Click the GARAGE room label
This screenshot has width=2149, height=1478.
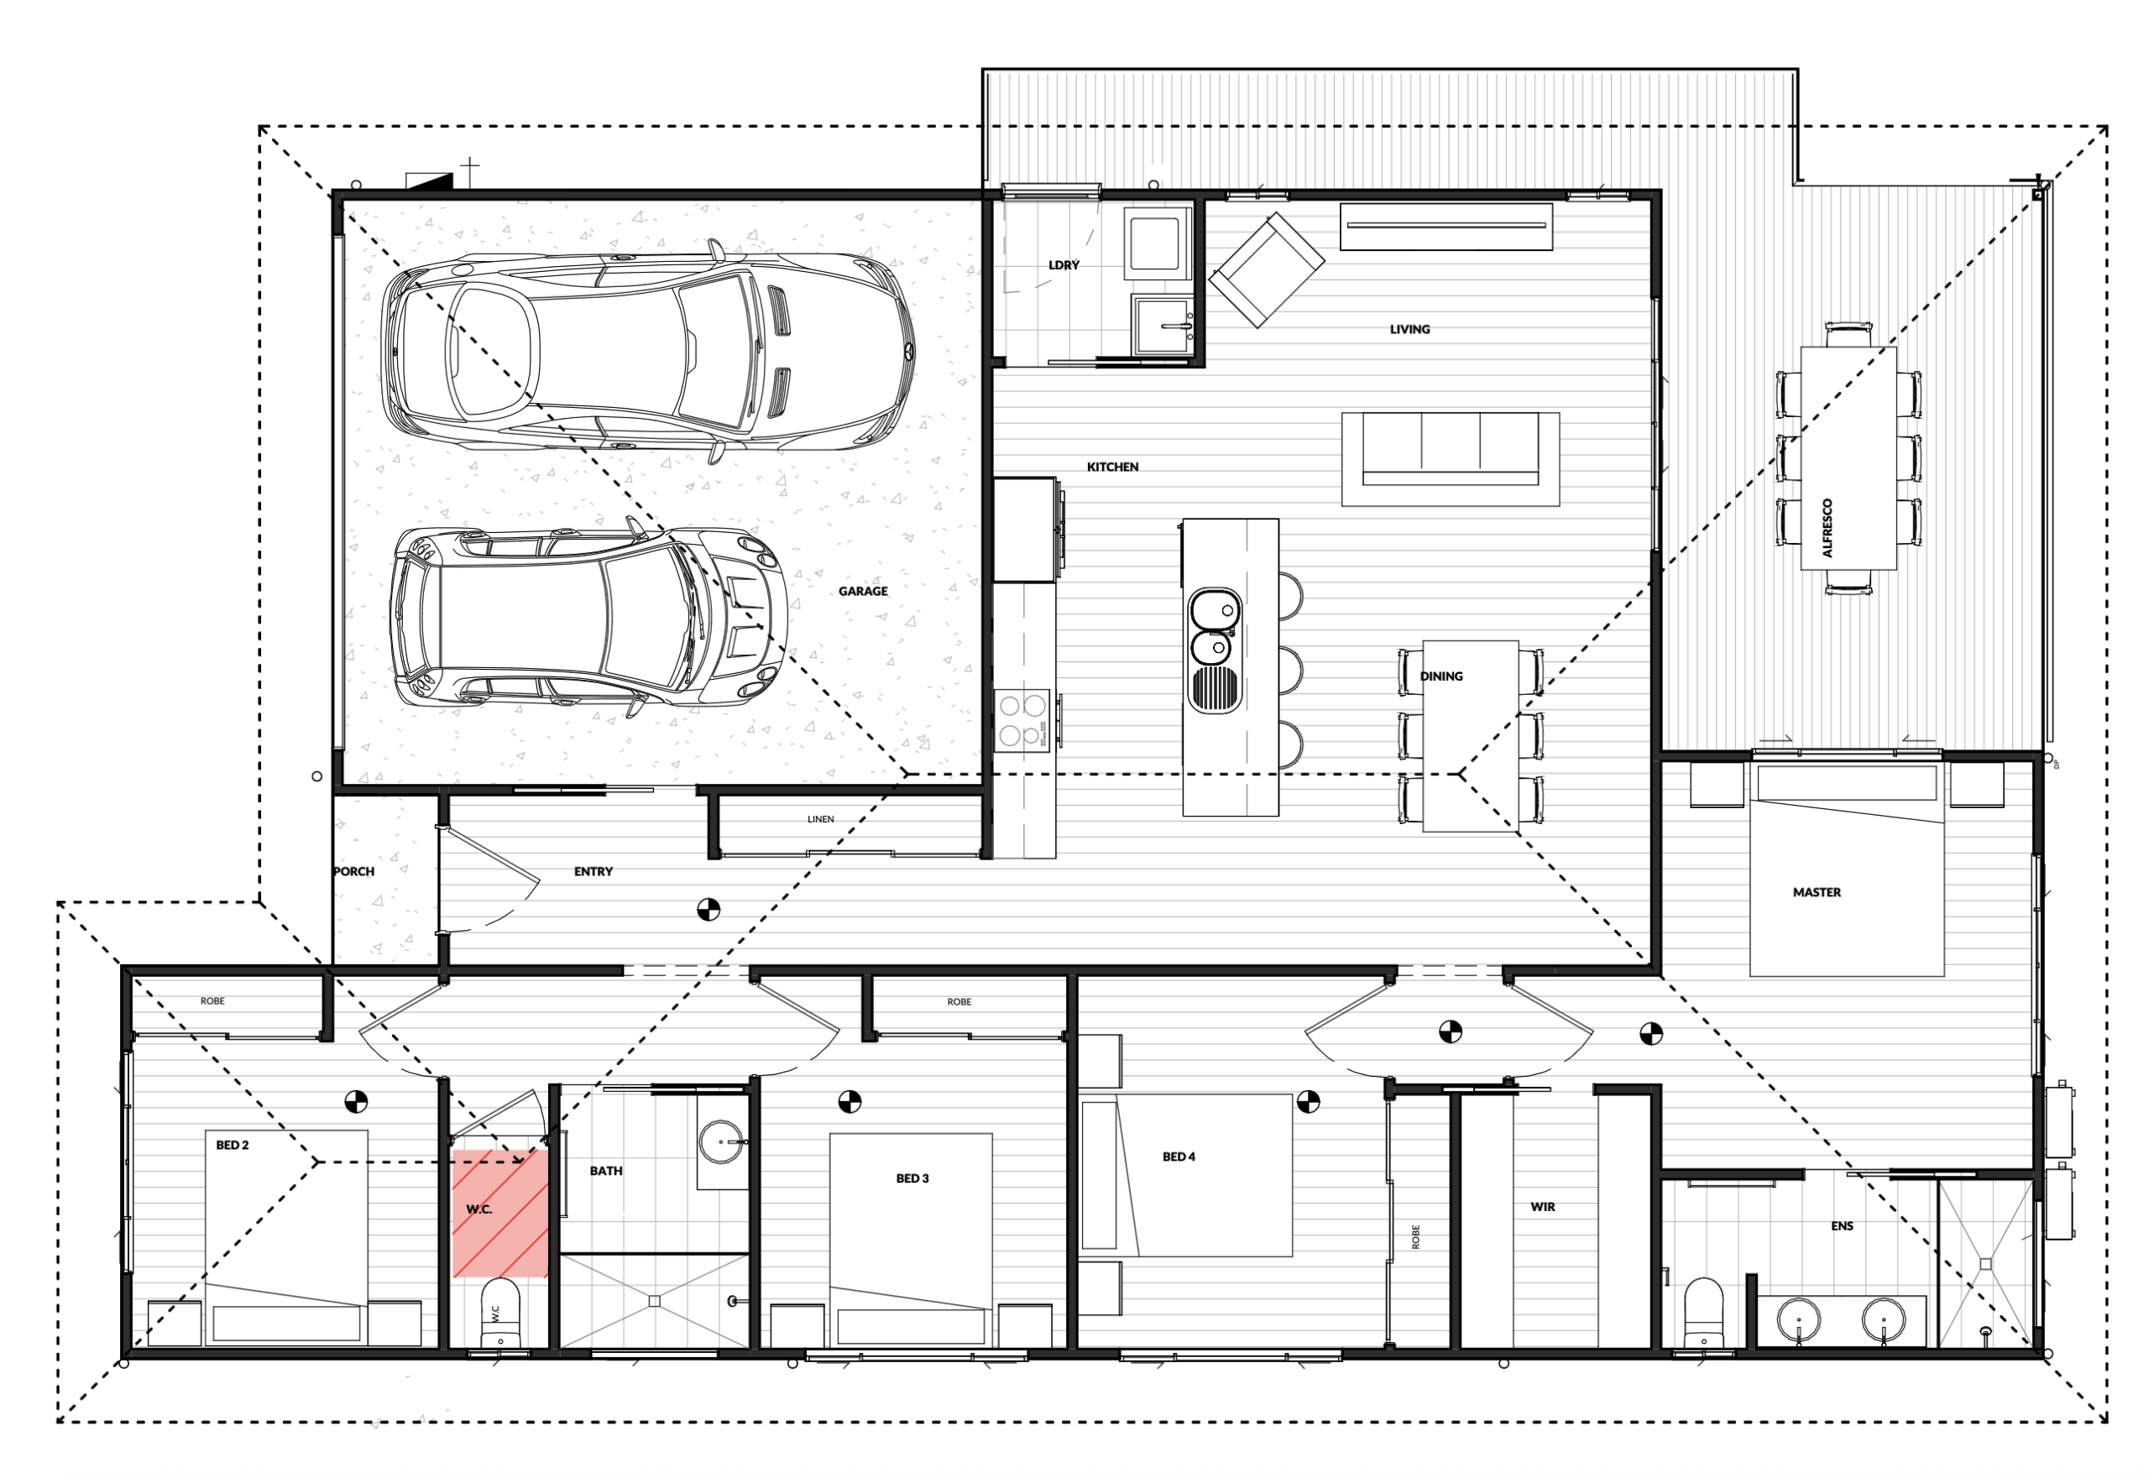862,591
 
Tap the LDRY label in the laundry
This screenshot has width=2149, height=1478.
1064,265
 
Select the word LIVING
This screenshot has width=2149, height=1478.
1409,329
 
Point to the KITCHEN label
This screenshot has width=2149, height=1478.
1111,467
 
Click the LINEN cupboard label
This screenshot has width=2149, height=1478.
820,818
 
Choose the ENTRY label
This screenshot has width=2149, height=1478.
593,871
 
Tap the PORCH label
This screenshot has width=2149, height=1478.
354,871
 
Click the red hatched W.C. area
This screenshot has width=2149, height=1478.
499,1213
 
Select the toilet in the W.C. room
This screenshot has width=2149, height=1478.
500,1313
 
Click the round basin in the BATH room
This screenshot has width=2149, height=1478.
720,1141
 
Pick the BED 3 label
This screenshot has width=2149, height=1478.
912,1178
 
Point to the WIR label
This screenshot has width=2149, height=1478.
1542,1207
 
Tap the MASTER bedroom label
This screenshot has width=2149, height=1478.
1817,892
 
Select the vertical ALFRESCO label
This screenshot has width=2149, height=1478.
1827,528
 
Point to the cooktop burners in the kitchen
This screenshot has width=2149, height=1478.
1022,720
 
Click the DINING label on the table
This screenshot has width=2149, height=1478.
1441,676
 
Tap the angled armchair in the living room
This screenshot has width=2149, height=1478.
1266,270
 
